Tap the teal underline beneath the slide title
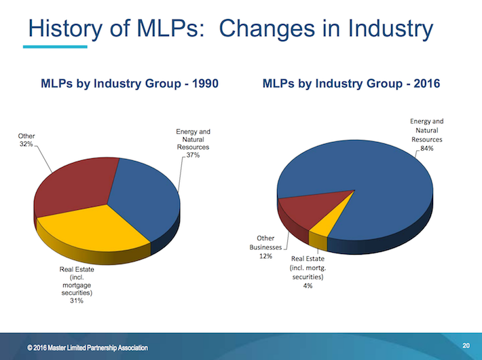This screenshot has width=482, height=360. [54, 47]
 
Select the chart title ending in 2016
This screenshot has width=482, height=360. [351, 84]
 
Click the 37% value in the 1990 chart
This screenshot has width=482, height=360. [193, 156]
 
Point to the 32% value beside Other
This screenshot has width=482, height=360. [26, 145]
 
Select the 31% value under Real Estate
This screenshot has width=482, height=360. [76, 300]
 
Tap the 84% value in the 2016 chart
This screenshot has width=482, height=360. [427, 147]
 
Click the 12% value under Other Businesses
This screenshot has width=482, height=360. [265, 256]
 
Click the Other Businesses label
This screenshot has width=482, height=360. [265, 242]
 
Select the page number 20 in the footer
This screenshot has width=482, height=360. [465, 344]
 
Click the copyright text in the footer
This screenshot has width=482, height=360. [89, 348]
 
